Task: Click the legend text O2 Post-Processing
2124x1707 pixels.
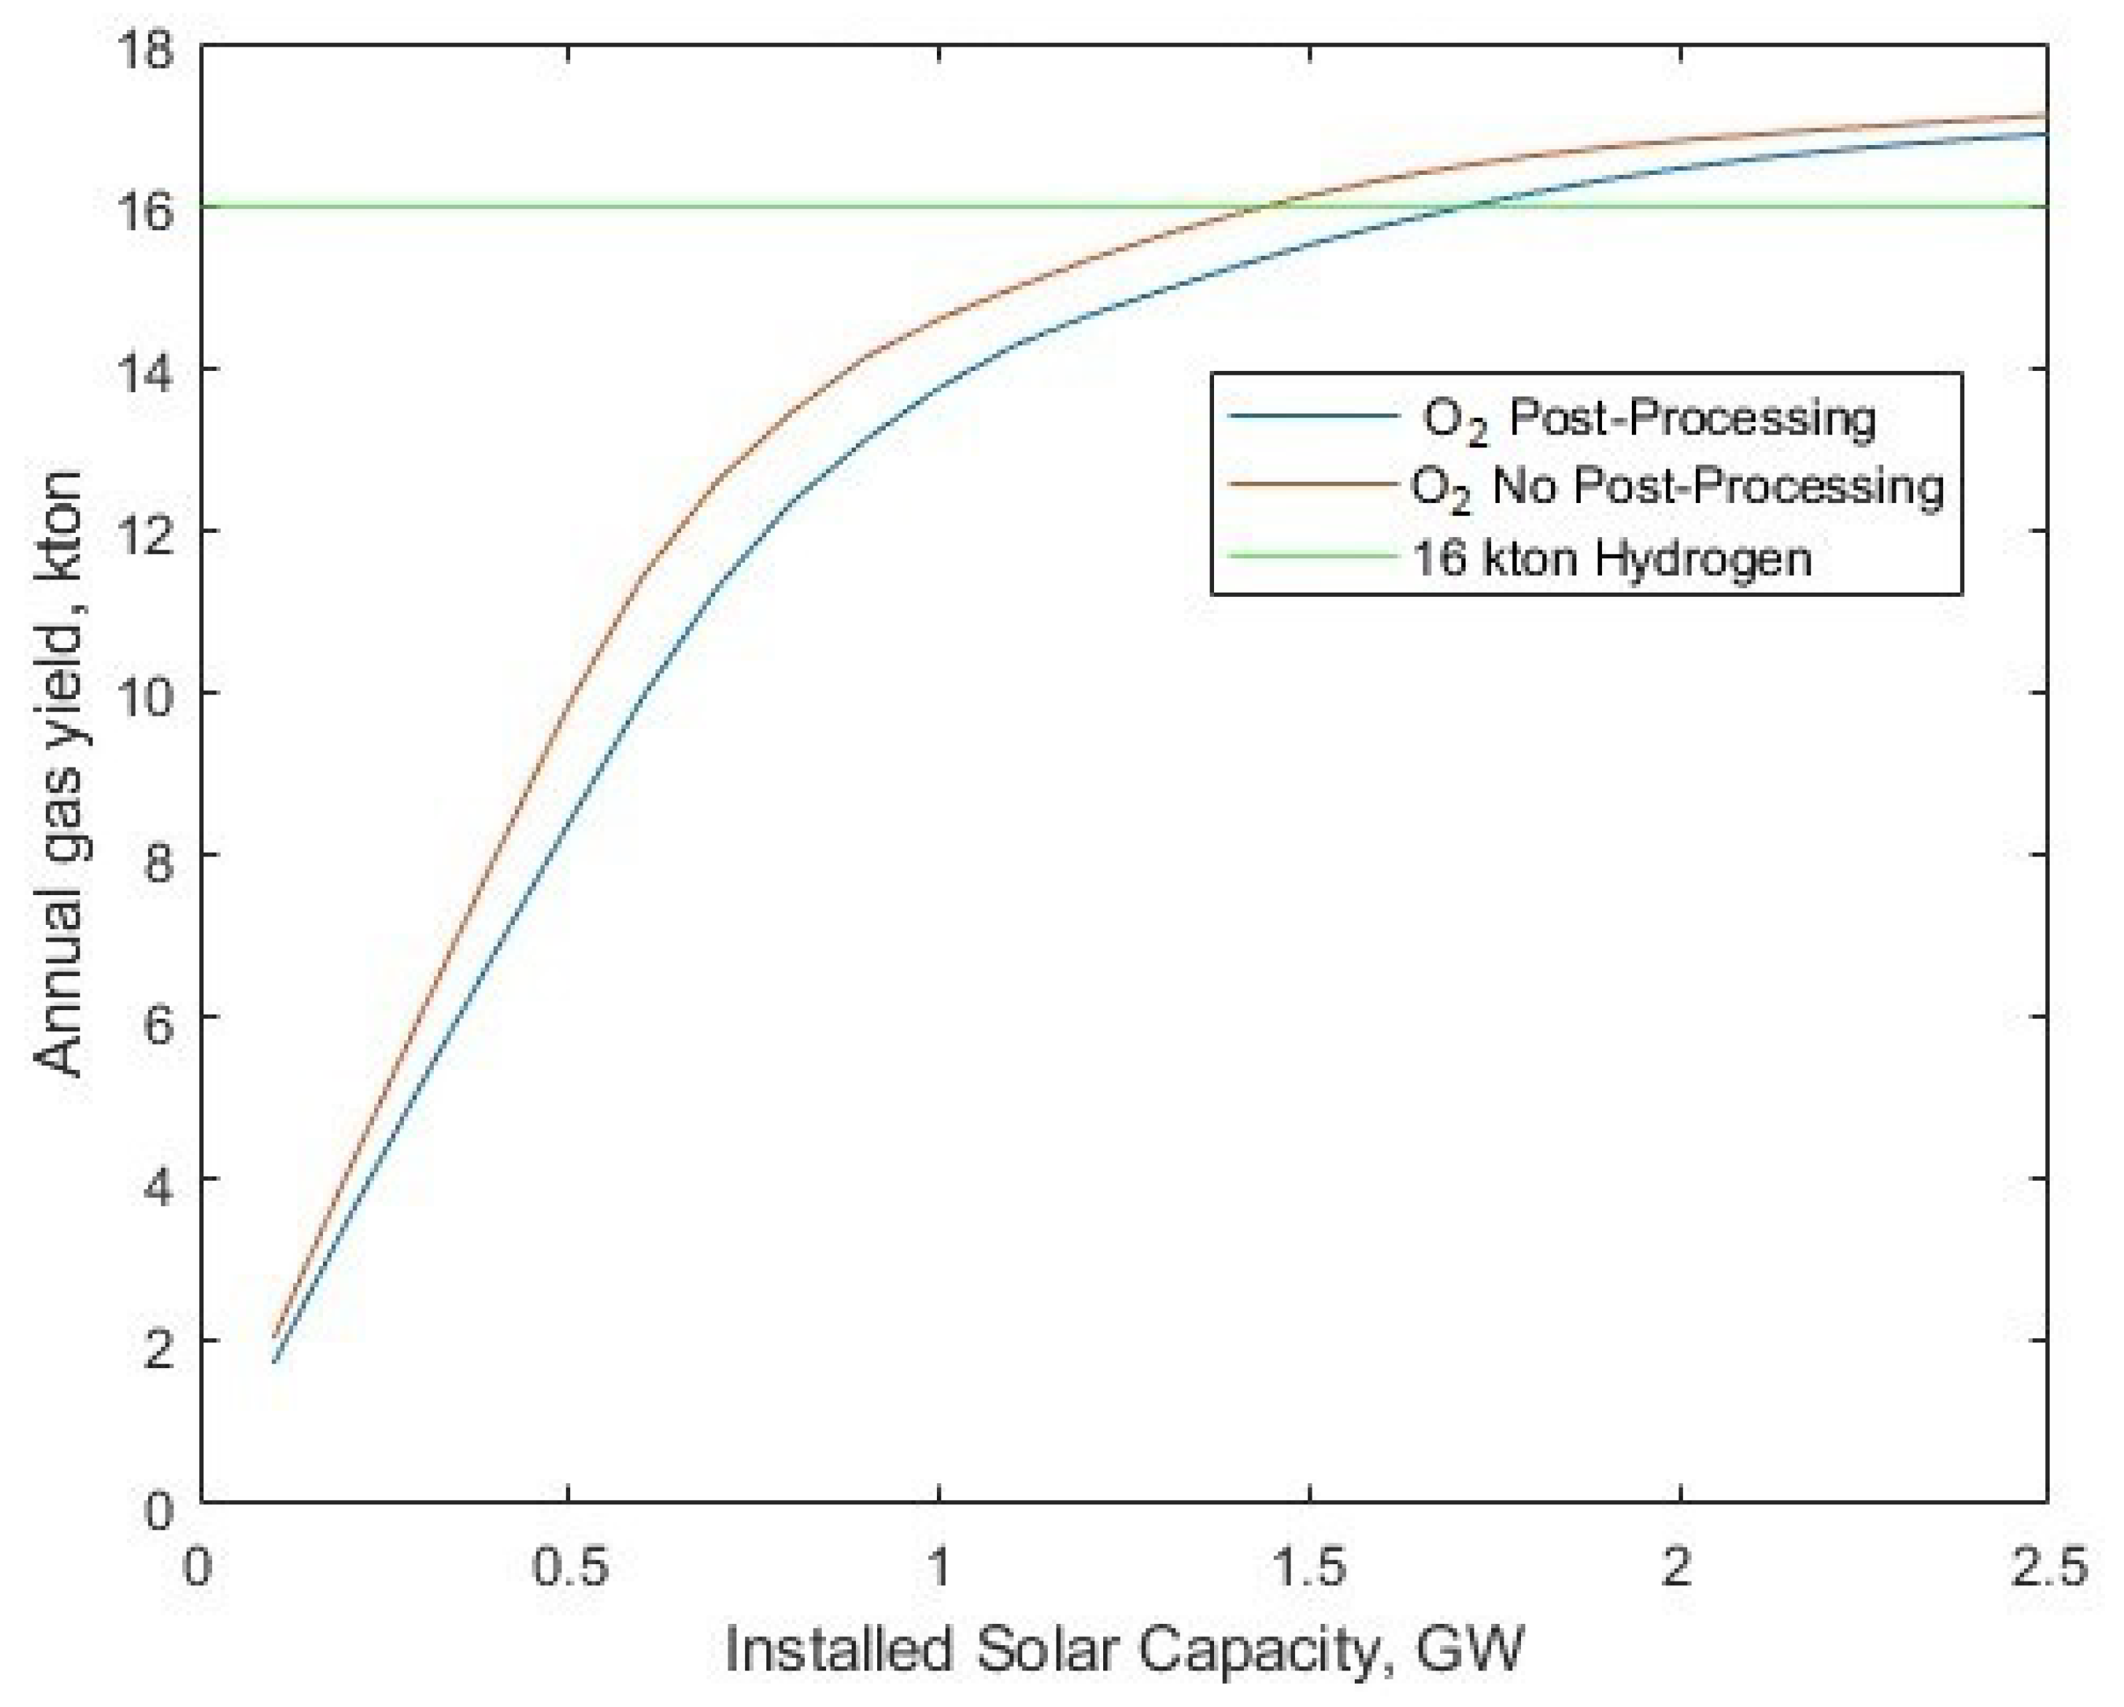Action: (x=1648, y=420)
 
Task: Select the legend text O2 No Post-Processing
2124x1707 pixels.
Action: (x=1678, y=488)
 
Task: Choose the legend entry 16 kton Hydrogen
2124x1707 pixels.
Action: (x=1611, y=558)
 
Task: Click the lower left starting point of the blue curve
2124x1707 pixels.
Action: (x=275, y=1362)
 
